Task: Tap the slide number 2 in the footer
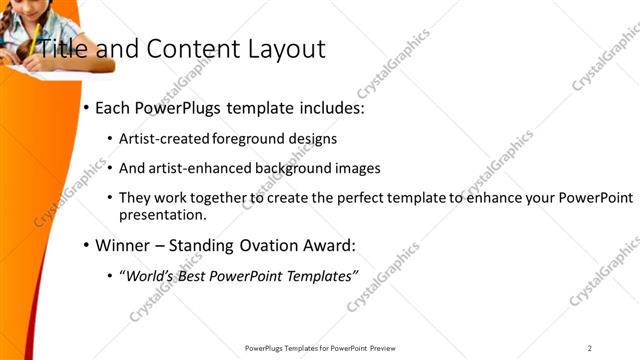tap(590, 348)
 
